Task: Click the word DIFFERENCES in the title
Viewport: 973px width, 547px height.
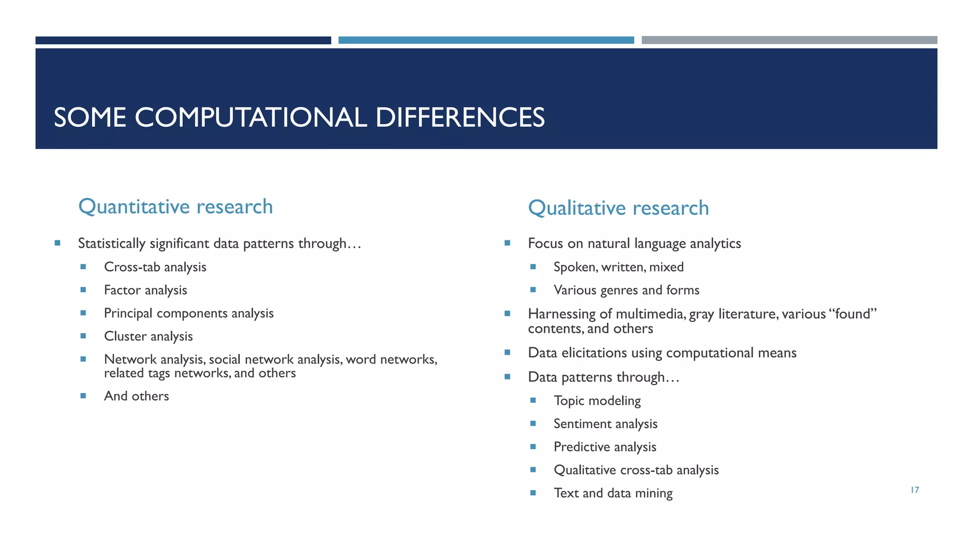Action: click(x=459, y=117)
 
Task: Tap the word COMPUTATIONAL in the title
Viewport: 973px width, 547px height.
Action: click(x=250, y=117)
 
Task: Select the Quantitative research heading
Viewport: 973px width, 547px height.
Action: click(x=175, y=207)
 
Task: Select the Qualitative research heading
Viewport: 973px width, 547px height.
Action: click(x=618, y=208)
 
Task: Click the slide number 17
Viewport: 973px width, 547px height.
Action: click(x=915, y=490)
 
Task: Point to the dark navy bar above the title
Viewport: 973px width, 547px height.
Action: click(x=183, y=40)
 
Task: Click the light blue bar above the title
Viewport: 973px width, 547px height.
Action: click(x=486, y=40)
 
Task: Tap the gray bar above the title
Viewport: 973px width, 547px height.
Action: click(x=789, y=40)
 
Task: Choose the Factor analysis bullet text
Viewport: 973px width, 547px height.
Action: click(x=145, y=290)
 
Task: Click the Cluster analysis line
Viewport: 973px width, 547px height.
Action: click(x=148, y=336)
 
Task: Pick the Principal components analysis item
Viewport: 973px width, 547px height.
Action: click(x=189, y=313)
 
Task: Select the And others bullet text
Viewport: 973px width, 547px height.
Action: click(x=136, y=396)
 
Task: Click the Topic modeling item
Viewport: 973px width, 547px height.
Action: click(x=597, y=401)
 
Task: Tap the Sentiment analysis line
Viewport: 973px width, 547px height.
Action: click(x=605, y=424)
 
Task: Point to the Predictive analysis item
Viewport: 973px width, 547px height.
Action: click(x=605, y=447)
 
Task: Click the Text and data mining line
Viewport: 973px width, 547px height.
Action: click(x=613, y=493)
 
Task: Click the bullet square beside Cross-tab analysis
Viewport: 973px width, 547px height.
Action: click(x=83, y=267)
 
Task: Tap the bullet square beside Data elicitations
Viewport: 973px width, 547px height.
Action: click(x=507, y=352)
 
